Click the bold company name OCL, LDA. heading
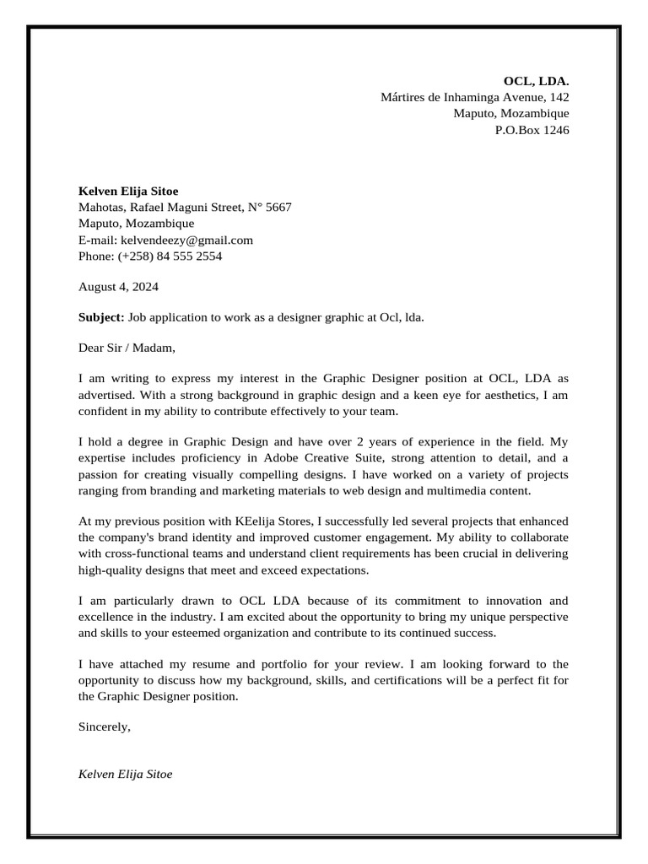(x=536, y=81)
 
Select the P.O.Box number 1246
(x=555, y=130)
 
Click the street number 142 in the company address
(x=559, y=97)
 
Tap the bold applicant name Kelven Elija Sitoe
(x=128, y=191)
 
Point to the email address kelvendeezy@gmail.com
(x=186, y=240)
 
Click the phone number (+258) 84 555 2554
(x=170, y=256)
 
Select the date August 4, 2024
(x=118, y=286)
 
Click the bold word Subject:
(x=101, y=317)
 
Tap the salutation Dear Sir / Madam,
(x=127, y=347)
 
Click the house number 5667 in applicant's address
(x=278, y=207)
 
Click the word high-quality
(x=110, y=570)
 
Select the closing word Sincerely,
(x=105, y=726)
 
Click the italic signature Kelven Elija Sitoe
(x=125, y=774)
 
